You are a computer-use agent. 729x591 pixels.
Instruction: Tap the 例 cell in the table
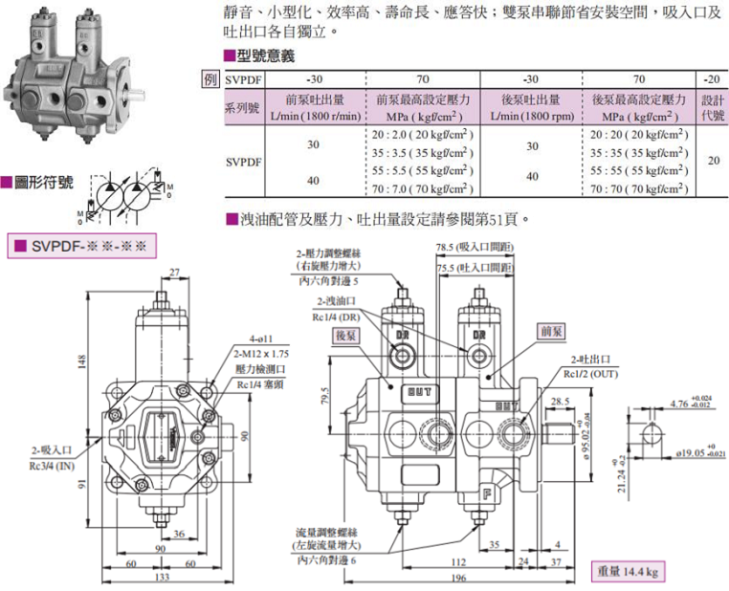pos(211,79)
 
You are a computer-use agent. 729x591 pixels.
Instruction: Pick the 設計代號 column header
pos(713,107)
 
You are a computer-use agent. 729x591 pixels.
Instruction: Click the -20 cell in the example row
pos(713,79)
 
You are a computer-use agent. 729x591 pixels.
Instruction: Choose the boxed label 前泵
pos(552,330)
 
